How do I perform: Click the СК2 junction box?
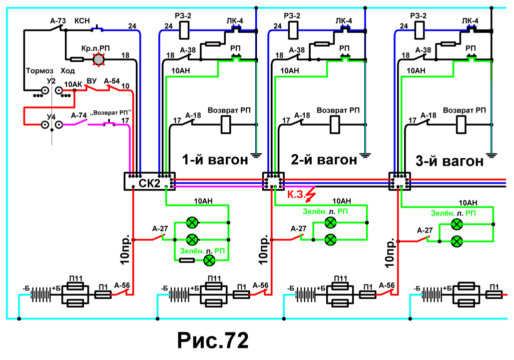[149, 181]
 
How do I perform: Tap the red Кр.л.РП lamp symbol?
[98, 59]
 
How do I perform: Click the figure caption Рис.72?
[213, 340]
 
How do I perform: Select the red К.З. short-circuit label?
[296, 194]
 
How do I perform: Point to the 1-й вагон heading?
[215, 160]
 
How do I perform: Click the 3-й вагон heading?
[450, 161]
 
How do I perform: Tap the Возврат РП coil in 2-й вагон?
[334, 125]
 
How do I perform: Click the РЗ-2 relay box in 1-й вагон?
[184, 30]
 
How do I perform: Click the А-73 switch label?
[58, 21]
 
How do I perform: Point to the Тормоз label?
[39, 71]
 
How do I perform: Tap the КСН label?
[82, 20]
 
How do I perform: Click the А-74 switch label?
[79, 115]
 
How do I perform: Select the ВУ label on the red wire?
[91, 80]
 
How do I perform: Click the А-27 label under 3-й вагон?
[425, 230]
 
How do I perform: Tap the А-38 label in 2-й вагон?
[297, 50]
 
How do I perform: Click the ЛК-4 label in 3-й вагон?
[470, 20]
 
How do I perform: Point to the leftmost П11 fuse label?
[76, 278]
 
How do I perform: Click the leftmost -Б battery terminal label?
[26, 288]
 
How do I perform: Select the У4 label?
[51, 117]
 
